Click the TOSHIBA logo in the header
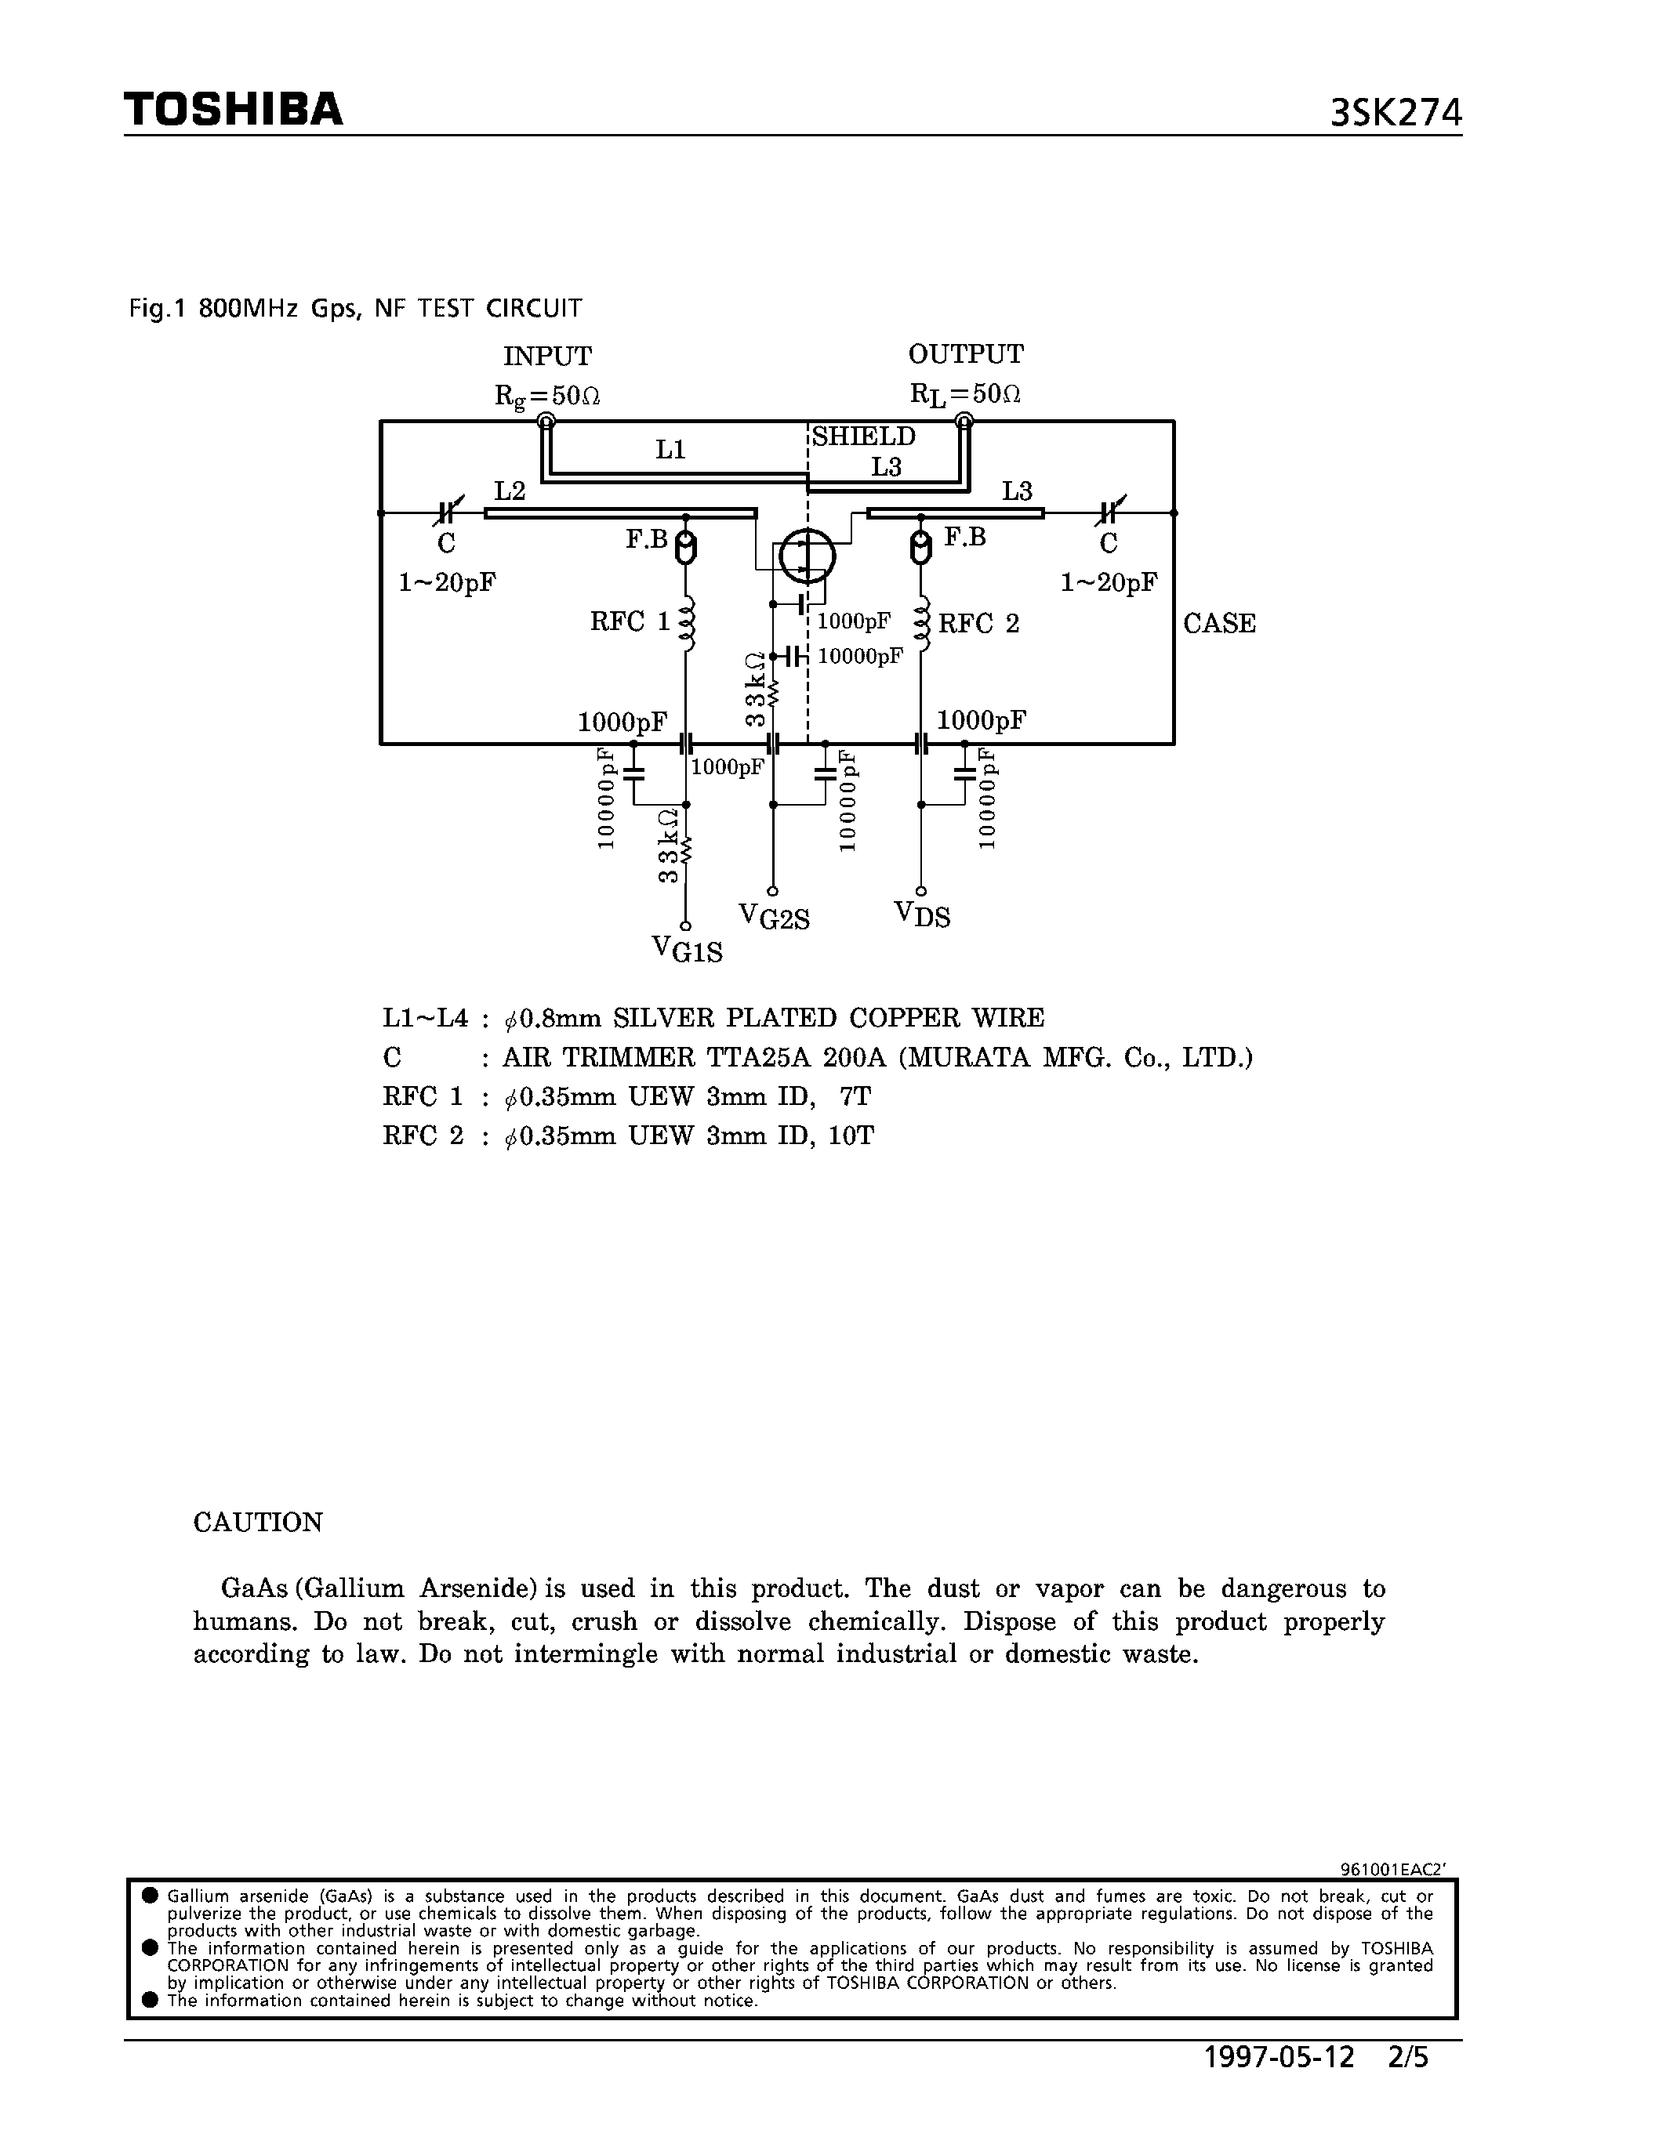tap(234, 109)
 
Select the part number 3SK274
tap(1395, 114)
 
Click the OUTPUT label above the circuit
tap(965, 353)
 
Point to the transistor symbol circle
tap(807, 556)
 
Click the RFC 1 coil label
tap(630, 621)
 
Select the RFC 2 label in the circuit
tap(978, 624)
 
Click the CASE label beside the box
tap(1219, 624)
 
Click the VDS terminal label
tap(922, 915)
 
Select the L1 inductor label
tap(670, 450)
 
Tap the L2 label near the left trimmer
tap(510, 491)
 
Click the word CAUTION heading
tap(258, 1522)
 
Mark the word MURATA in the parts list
tap(962, 1058)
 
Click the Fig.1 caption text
tap(355, 308)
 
